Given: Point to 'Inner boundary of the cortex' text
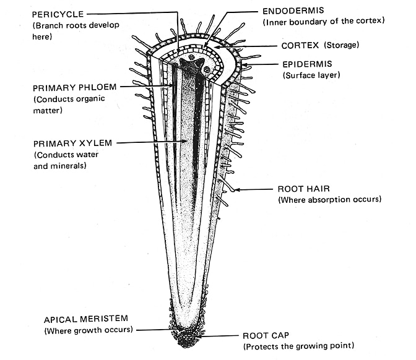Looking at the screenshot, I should coord(323,22).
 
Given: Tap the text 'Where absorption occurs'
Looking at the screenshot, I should coord(329,199).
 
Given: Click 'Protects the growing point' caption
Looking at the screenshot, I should coord(298,346).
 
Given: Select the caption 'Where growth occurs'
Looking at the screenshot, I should coord(88,330).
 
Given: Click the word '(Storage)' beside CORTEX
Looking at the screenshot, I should coord(340,45).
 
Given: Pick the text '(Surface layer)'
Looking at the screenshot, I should coord(312,75).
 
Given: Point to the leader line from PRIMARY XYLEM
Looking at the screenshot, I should coord(149,143).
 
